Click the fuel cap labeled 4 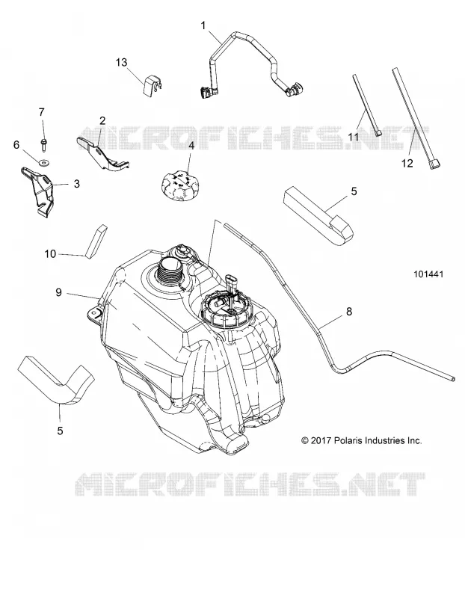point(178,185)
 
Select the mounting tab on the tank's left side point(95,313)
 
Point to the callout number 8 point(348,312)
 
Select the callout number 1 point(203,25)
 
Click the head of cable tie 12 point(434,164)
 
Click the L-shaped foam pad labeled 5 point(55,381)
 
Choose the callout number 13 point(121,62)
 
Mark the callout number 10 point(50,253)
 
